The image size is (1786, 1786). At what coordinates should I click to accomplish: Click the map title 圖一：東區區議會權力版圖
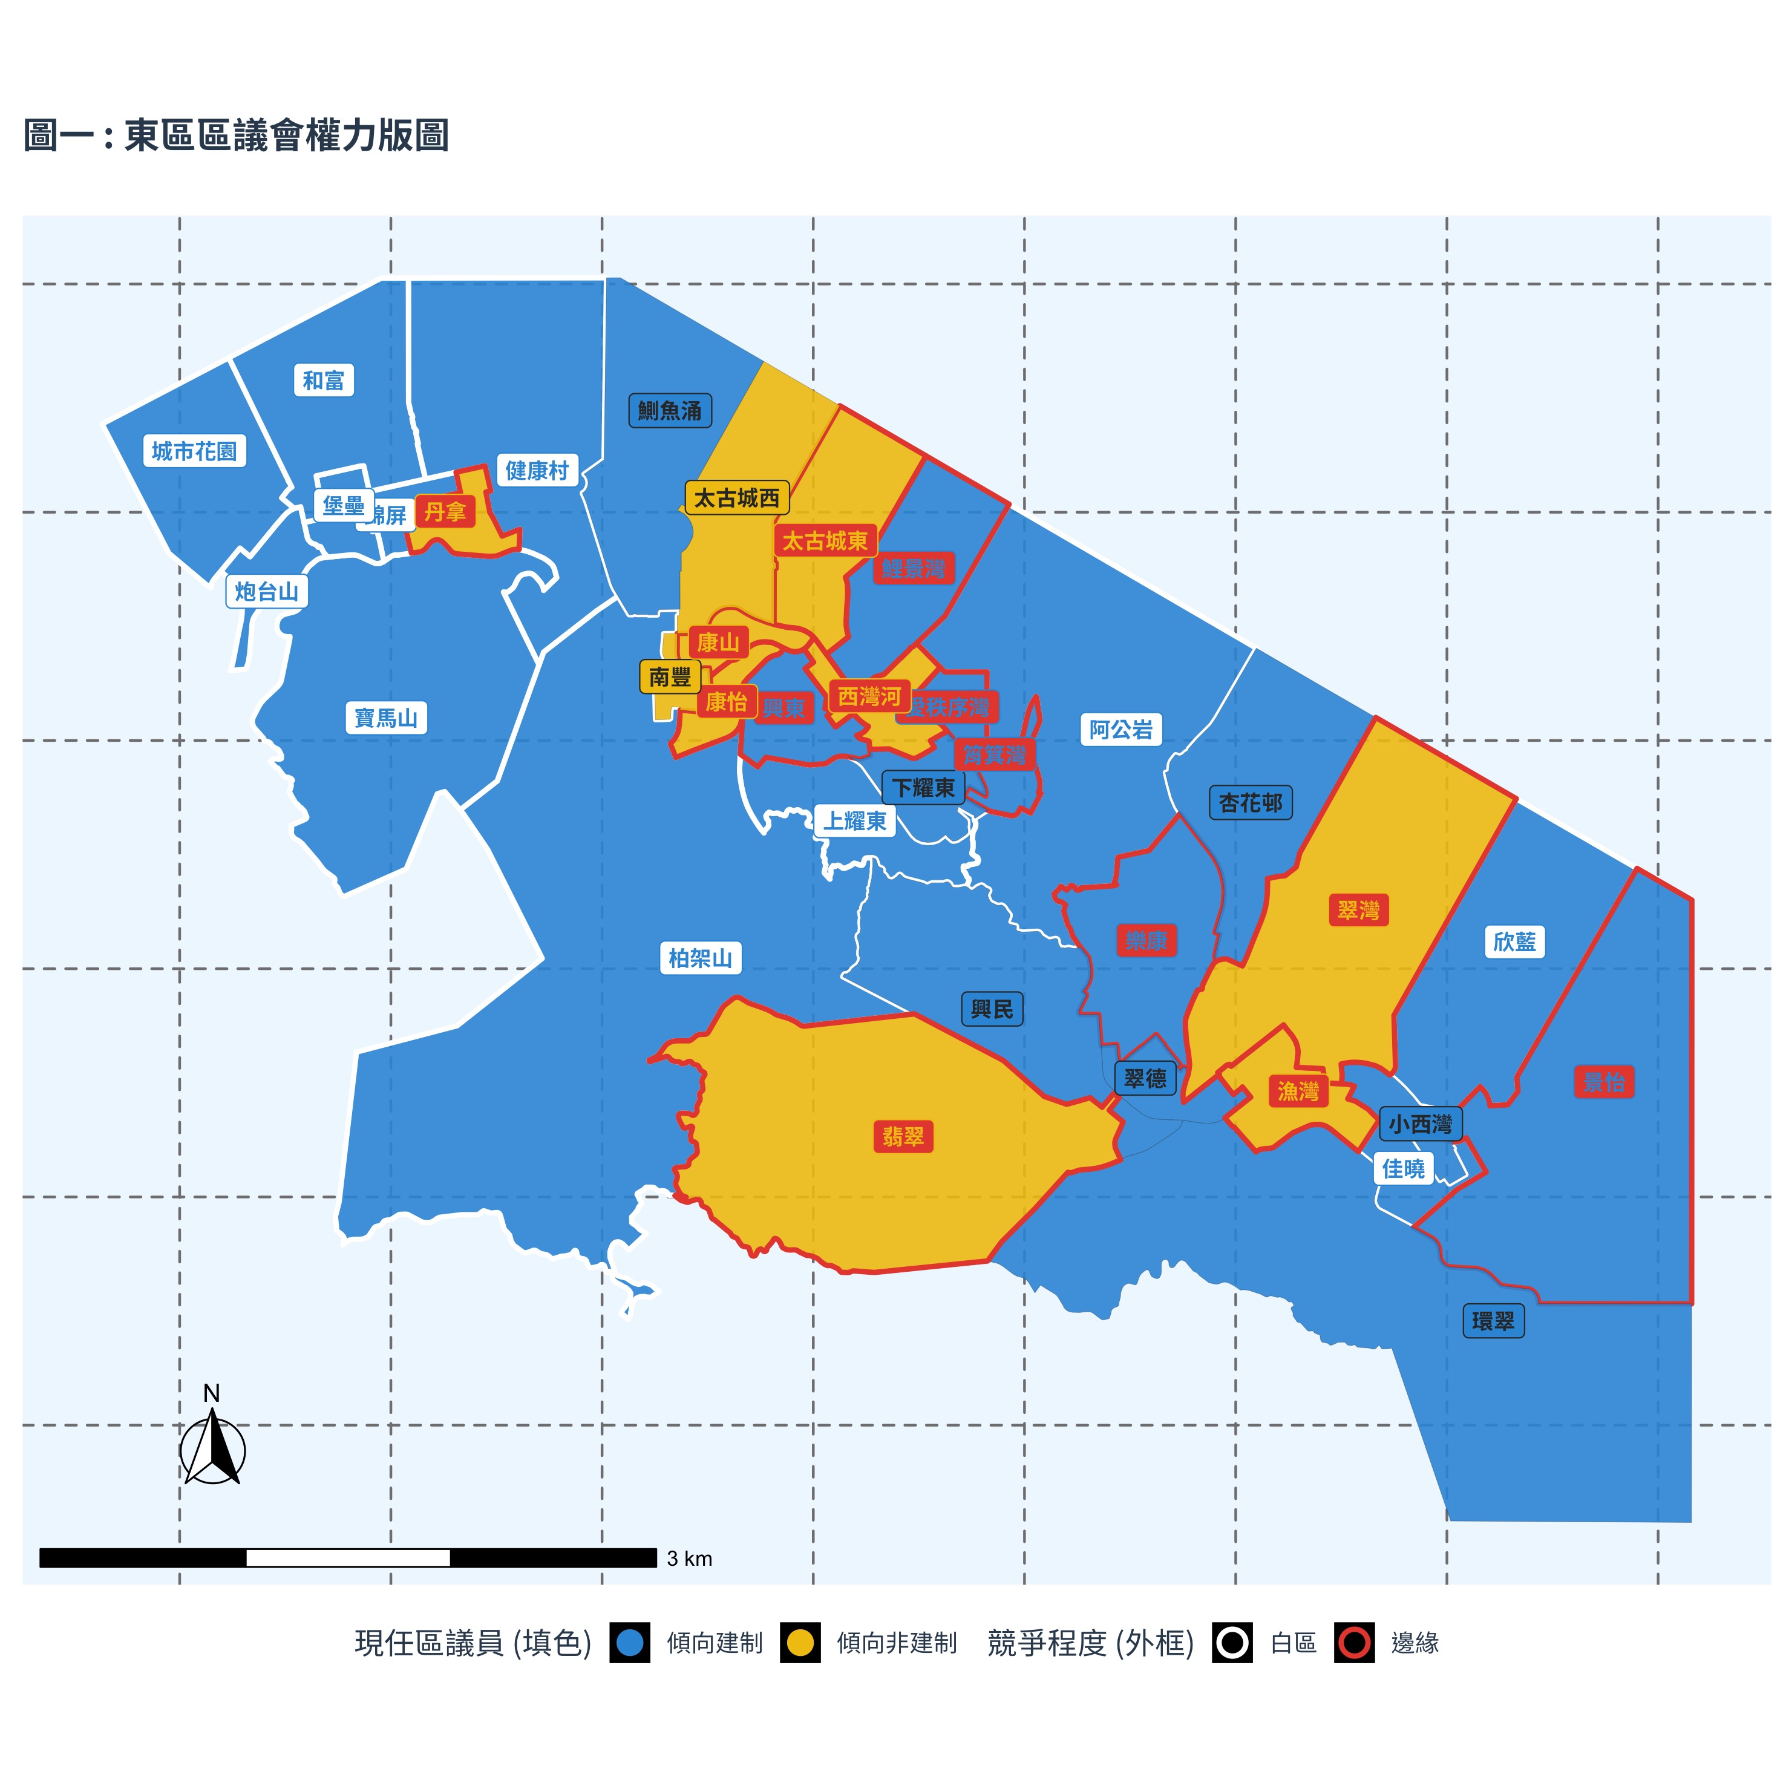[236, 135]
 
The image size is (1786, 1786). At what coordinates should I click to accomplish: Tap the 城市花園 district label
[194, 451]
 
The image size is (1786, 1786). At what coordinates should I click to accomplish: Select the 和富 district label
[324, 380]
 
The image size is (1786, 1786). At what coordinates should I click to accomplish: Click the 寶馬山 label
[387, 718]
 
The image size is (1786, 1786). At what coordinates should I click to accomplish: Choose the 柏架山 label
[700, 958]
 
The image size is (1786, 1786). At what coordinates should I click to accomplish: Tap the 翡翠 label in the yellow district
[903, 1136]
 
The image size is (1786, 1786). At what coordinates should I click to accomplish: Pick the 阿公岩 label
[1120, 730]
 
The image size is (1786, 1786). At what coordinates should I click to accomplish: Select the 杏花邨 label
[1250, 802]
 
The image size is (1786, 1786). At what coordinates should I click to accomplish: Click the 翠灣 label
[1358, 911]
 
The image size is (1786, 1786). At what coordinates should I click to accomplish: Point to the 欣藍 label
[1514, 941]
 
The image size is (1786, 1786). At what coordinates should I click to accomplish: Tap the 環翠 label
[1493, 1321]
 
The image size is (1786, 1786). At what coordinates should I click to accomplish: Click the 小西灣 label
[1421, 1124]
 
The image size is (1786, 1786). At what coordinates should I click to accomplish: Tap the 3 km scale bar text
[690, 1558]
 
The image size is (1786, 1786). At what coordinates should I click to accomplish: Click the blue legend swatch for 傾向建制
[630, 1643]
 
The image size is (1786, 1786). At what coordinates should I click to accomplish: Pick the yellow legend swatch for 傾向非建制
[800, 1643]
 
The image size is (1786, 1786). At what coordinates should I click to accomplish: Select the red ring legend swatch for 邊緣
[1354, 1643]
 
